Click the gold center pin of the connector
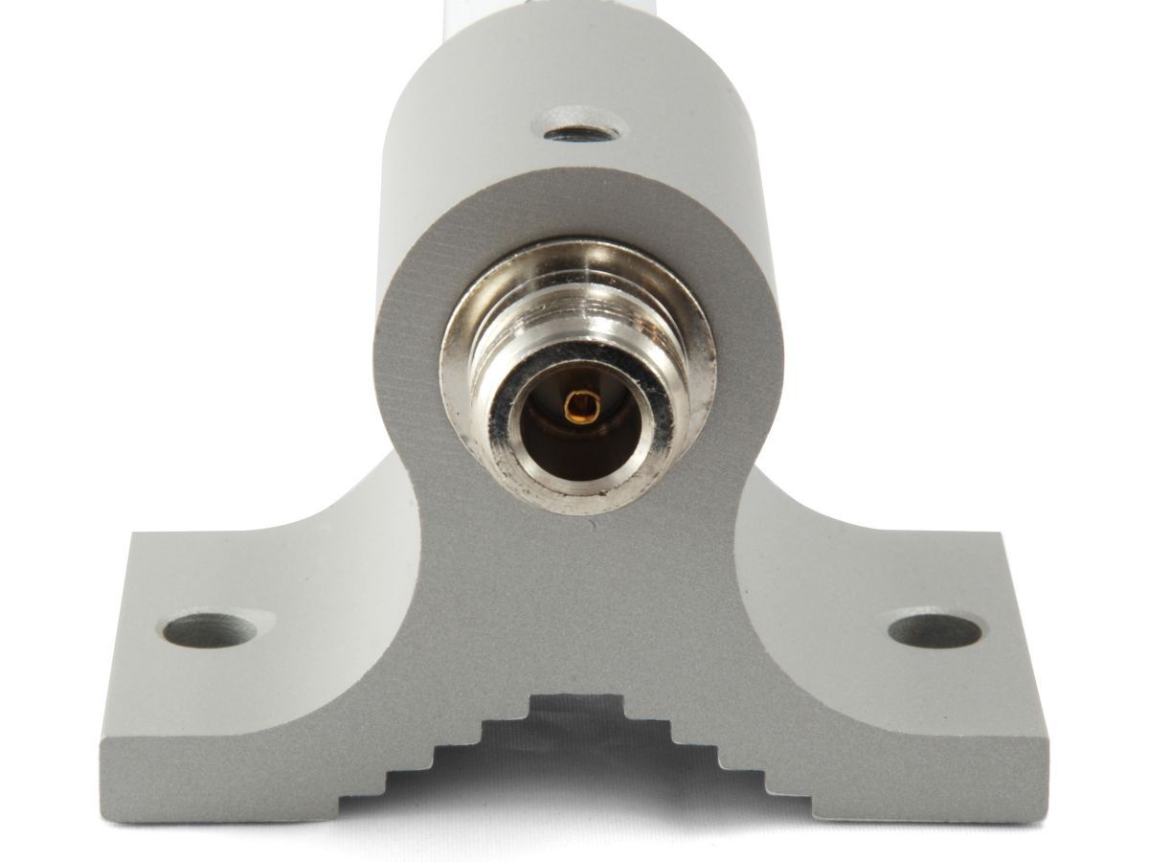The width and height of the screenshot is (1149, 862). pyautogui.click(x=577, y=407)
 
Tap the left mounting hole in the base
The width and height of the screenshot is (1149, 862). pyautogui.click(x=210, y=630)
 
